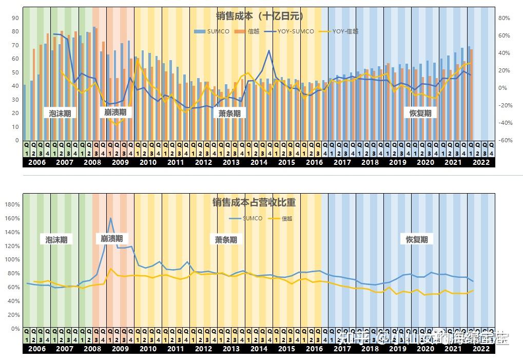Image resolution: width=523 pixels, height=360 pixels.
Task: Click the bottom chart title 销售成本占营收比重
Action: click(254, 202)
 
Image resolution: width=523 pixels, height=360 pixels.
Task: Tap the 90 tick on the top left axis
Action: click(15, 18)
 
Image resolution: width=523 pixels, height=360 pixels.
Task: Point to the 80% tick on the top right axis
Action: click(504, 18)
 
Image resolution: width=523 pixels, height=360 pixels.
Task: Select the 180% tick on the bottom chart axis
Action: click(12, 204)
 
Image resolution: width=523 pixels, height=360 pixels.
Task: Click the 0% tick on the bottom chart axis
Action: click(15, 329)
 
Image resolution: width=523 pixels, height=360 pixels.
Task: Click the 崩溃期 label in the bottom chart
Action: click(111, 238)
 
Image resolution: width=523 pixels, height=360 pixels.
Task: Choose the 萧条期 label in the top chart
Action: click(229, 113)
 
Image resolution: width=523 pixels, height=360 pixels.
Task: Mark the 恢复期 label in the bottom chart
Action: click(416, 239)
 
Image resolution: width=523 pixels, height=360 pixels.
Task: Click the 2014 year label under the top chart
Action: click(259, 162)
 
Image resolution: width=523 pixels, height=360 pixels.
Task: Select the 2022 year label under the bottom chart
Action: click(481, 349)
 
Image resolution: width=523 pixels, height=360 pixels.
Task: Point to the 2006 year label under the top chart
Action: click(37, 162)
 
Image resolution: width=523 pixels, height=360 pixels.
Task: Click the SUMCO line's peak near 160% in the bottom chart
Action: click(110, 218)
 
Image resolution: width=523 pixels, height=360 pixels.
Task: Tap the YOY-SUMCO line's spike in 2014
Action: click(269, 50)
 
